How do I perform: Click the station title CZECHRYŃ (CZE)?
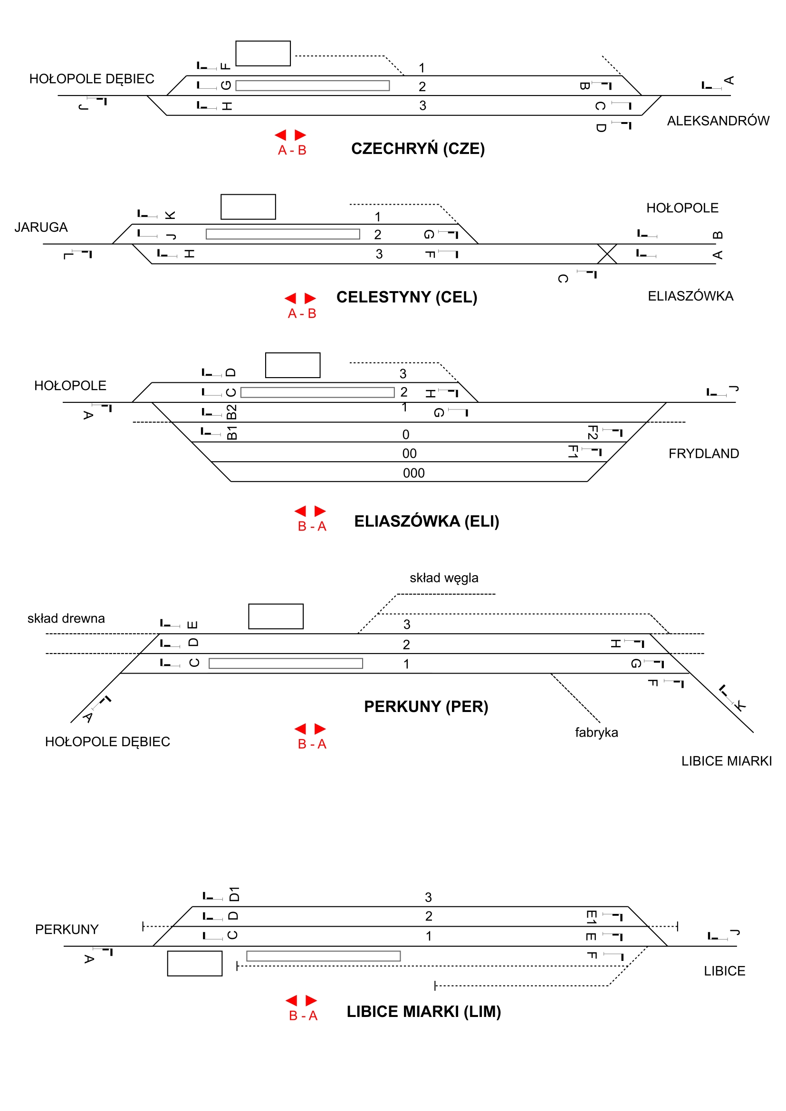point(418,149)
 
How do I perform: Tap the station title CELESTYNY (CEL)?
point(407,297)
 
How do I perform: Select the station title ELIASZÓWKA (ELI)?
point(426,521)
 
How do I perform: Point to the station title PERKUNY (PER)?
point(426,706)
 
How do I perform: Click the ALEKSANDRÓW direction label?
point(718,121)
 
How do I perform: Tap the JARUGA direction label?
point(41,228)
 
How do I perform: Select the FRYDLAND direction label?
point(703,454)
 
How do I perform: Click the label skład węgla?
point(444,578)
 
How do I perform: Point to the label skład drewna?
point(66,618)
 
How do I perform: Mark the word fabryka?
point(596,732)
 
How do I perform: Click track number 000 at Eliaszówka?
point(414,473)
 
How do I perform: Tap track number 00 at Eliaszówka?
point(410,454)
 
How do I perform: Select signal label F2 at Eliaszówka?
point(593,433)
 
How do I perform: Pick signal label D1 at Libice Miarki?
point(234,894)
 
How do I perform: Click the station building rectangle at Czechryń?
point(263,53)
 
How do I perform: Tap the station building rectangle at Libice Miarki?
point(194,963)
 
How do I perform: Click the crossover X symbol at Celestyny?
point(607,254)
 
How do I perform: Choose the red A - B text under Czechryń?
point(292,151)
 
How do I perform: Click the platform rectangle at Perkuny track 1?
point(286,664)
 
